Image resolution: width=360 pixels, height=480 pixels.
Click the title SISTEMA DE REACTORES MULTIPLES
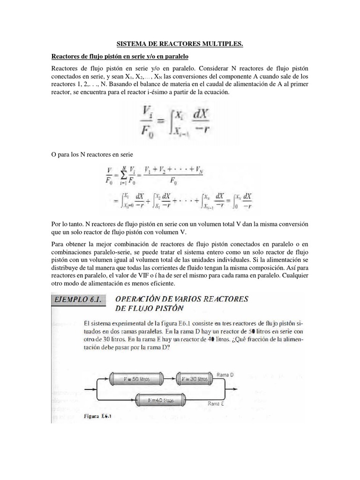180,44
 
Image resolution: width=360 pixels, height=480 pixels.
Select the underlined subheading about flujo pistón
120,57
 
